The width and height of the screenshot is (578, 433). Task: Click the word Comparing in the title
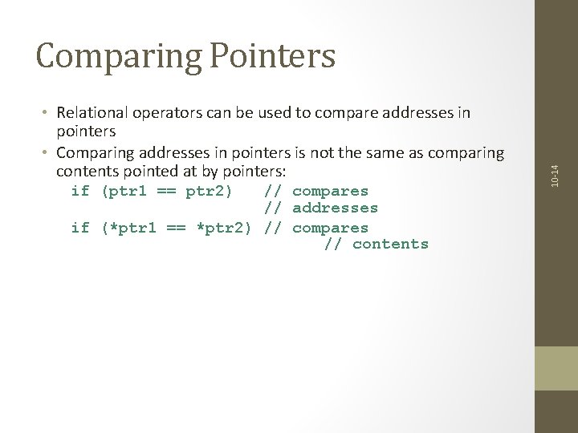tap(112, 56)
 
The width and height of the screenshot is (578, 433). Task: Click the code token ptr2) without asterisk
tap(210, 191)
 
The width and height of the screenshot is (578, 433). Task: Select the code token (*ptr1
tap(132, 227)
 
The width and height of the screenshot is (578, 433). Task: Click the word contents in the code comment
tap(390, 245)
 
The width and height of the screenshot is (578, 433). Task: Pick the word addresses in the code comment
tap(335, 208)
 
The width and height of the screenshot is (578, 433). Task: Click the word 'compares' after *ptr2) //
tap(330, 227)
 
